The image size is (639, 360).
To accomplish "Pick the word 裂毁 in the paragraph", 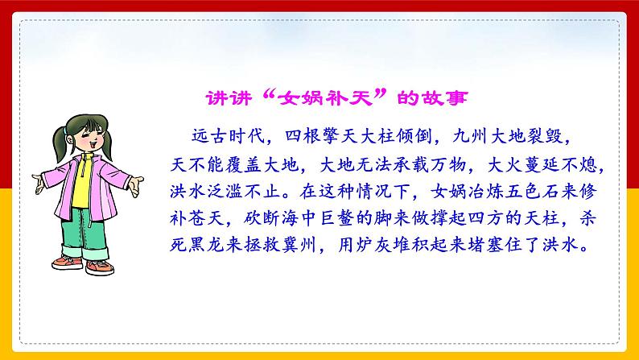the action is click(544, 136).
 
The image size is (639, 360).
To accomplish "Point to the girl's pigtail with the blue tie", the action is click(60, 143).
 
